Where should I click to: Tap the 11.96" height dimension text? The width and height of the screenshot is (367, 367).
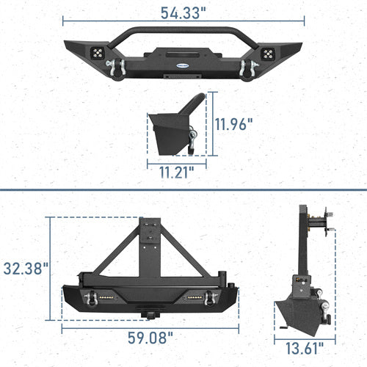tap(235, 123)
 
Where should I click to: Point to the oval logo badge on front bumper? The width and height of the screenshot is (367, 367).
tap(182, 64)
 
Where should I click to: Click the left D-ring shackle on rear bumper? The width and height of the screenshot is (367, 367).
tap(93, 297)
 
